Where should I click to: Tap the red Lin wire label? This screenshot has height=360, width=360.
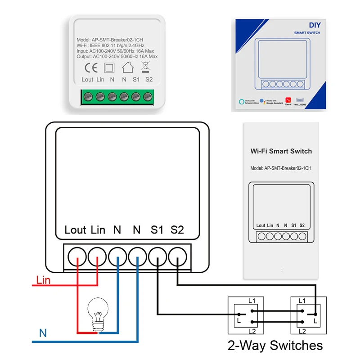pos(43,280)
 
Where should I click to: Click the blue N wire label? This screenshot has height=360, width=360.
pos(43,333)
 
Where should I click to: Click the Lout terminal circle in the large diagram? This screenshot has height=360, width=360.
pos(77,257)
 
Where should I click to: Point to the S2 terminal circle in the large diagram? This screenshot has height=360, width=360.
pos(178,257)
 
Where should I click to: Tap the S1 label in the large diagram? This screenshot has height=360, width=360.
pos(157,230)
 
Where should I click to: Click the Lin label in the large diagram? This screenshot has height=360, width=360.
pos(98,230)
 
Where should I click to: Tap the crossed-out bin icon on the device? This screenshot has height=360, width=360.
pos(145,67)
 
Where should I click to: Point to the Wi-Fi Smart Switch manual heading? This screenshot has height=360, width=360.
pos(281,151)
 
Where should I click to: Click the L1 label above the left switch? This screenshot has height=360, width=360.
pos(252,300)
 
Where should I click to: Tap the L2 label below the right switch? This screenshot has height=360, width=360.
pos(302,331)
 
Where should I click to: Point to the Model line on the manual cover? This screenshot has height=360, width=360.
pos(281,168)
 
